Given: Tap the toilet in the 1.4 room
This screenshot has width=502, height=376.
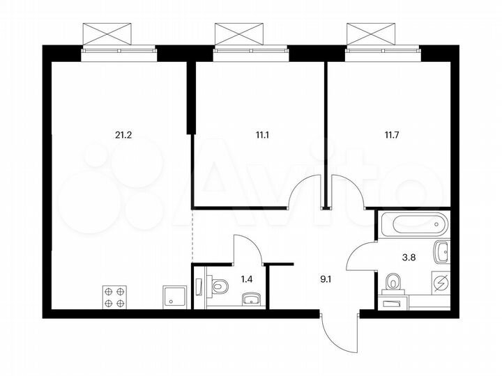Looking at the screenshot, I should click(219, 285).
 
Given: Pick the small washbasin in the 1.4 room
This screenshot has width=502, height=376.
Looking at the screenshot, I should click(252, 299).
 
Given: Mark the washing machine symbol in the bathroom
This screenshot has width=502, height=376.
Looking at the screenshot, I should click(440, 282).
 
